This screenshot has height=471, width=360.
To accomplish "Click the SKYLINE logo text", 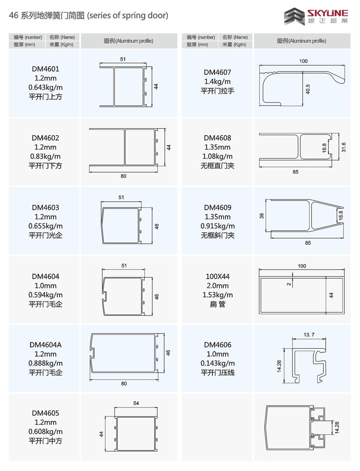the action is point(328,13).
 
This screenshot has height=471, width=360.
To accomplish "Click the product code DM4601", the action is point(45,69).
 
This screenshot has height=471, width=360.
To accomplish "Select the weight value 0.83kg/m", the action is point(45,157).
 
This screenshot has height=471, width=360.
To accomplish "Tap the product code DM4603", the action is point(45,207).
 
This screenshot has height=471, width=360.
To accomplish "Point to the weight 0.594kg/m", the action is point(45,295).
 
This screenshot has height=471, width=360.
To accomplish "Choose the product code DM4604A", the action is point(46,345).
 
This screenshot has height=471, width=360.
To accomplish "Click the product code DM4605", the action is point(45,413).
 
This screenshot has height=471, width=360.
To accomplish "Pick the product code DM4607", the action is point(217,72).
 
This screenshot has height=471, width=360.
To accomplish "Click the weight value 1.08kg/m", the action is point(217,157).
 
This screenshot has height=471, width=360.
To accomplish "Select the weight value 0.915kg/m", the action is point(217,226).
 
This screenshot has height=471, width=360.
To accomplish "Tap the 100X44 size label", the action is point(218,276).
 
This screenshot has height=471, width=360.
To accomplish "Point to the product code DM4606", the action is point(218,345).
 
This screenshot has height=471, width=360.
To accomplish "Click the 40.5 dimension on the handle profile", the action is point(307,89).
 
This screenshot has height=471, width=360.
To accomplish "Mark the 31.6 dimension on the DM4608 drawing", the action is point(343,147).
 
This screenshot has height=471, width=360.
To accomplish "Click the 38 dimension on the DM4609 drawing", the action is point(262,216).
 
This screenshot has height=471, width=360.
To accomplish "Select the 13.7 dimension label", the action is point(309,335).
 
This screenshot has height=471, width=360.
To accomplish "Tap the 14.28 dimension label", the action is point(337,428).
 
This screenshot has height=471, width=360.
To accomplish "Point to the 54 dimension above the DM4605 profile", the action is point(136,403).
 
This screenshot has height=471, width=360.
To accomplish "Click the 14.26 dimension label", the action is point(279,366).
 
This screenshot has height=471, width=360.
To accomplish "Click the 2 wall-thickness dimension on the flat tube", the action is point(289,284).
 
